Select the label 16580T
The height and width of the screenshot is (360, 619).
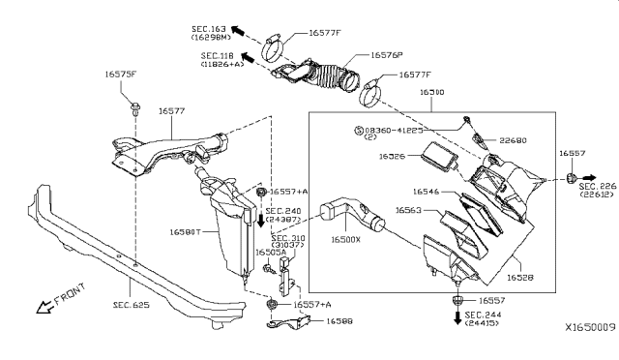coord(187,232)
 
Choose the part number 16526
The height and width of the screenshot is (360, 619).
coord(393,156)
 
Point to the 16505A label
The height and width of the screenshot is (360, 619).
coord(270,252)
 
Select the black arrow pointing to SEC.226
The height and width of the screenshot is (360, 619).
coord(590,181)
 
